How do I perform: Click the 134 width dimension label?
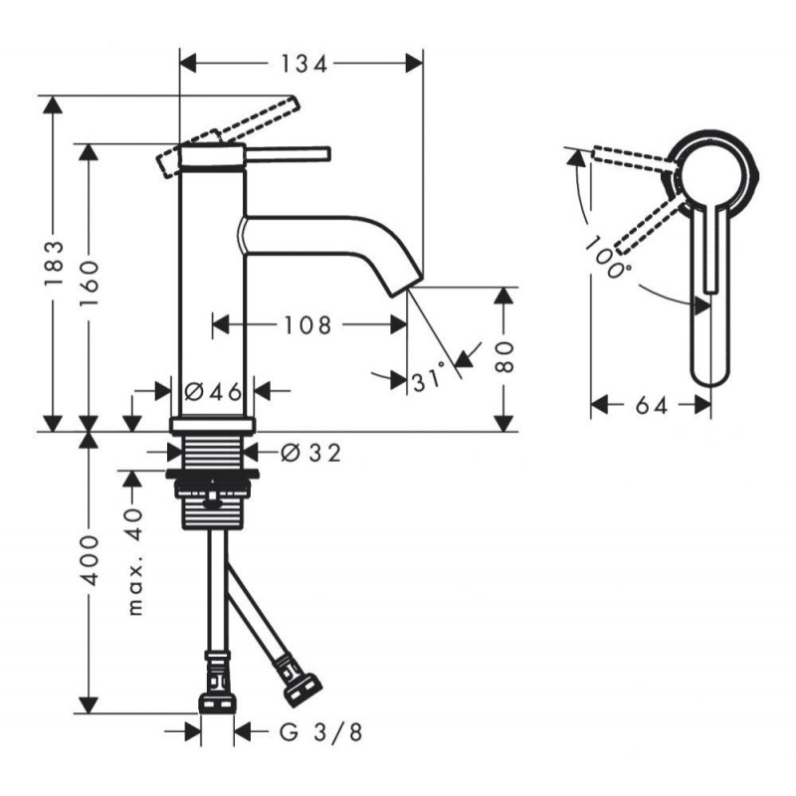click(303, 64)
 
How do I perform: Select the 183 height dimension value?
click(55, 263)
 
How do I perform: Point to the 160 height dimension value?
click(90, 283)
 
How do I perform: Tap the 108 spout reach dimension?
click(307, 325)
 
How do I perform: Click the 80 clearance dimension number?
click(503, 357)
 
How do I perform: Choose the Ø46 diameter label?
click(213, 391)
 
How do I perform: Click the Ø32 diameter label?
click(311, 453)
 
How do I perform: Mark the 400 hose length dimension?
click(90, 559)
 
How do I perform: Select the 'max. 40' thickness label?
click(135, 562)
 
